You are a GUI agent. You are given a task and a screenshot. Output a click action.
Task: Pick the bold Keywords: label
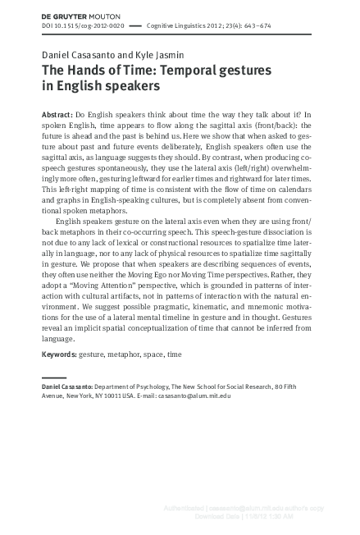tap(59, 354)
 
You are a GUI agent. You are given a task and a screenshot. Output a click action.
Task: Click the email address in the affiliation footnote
tap(195, 396)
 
